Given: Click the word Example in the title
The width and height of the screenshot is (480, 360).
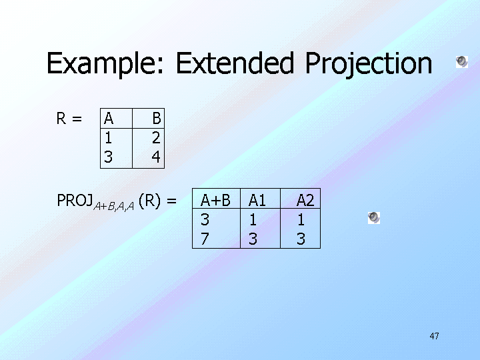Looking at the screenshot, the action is pos(105,64).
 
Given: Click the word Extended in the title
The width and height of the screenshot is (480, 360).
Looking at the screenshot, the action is pos(235,63).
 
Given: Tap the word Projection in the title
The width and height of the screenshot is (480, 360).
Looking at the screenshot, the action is pos(369,64).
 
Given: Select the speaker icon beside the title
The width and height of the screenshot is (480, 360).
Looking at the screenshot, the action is pos(461,62).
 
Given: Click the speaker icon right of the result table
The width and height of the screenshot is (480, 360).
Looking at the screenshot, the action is pos(374,217).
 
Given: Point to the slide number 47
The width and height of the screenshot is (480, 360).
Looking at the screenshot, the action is pos(434,336).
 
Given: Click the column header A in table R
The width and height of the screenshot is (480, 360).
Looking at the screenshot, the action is pos(109,119).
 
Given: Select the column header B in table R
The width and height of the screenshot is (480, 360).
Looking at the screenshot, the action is pos(157,119).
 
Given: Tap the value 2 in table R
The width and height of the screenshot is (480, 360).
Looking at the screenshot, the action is pos(156,138).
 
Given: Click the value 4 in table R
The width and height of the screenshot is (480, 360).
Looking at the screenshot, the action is pos(156,157).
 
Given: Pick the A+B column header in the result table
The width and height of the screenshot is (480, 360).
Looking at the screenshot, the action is pos(215,201).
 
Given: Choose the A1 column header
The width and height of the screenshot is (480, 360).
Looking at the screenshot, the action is pos(257,201).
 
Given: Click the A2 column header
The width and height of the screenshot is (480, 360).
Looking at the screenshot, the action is pos(305,201).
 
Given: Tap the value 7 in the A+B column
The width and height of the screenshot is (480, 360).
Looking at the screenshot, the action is pos(205,239).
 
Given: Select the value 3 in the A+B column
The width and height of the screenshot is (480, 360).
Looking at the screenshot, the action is pos(205,219).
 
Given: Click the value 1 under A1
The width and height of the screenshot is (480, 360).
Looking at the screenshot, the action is pos(253,219).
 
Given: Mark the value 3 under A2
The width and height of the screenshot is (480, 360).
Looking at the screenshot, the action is pos(301,239).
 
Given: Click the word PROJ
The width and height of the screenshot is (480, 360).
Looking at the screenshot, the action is pos(75,201).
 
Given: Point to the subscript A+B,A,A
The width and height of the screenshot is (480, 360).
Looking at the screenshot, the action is pos(113,206).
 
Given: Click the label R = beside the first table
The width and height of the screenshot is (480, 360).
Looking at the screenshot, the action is pos(69,119).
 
